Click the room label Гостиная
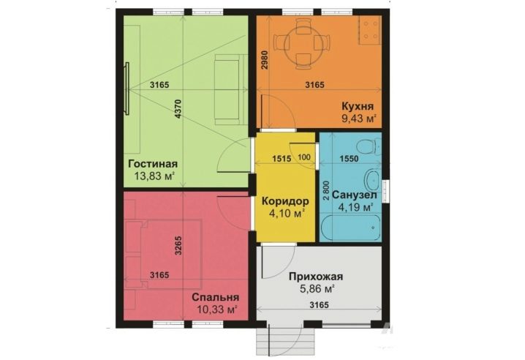[153, 164]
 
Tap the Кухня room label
[358, 106]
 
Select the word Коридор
[285, 201]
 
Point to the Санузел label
[354, 195]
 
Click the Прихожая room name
[316, 277]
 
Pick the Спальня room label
[215, 297]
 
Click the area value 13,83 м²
[154, 176]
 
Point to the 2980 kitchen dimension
[265, 60]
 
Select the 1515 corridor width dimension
[282, 158]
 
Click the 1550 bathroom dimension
[349, 159]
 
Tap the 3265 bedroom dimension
[178, 246]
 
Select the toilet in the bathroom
[369, 146]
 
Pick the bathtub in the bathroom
[350, 228]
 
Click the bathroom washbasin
[372, 180]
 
